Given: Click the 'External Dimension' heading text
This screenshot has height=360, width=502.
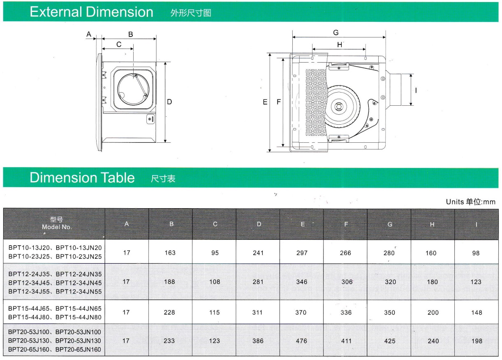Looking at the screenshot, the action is pos(91,12).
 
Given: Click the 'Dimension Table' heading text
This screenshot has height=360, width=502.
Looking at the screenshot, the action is pos(82,178).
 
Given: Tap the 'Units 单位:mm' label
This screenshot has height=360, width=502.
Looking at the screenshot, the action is pos(470,202).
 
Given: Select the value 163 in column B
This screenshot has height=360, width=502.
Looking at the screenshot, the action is pos(170,253).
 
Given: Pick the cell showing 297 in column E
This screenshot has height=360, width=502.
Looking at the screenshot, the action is pos(302,253).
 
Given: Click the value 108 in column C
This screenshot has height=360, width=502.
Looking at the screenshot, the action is pos(215,282).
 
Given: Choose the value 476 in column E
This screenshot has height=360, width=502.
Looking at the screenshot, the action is pos(301,341).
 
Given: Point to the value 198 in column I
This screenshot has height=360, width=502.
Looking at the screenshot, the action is pos(477,341).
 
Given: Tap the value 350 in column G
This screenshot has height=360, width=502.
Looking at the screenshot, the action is pos(389,312).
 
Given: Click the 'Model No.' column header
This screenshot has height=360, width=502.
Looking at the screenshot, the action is pos(57,227).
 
